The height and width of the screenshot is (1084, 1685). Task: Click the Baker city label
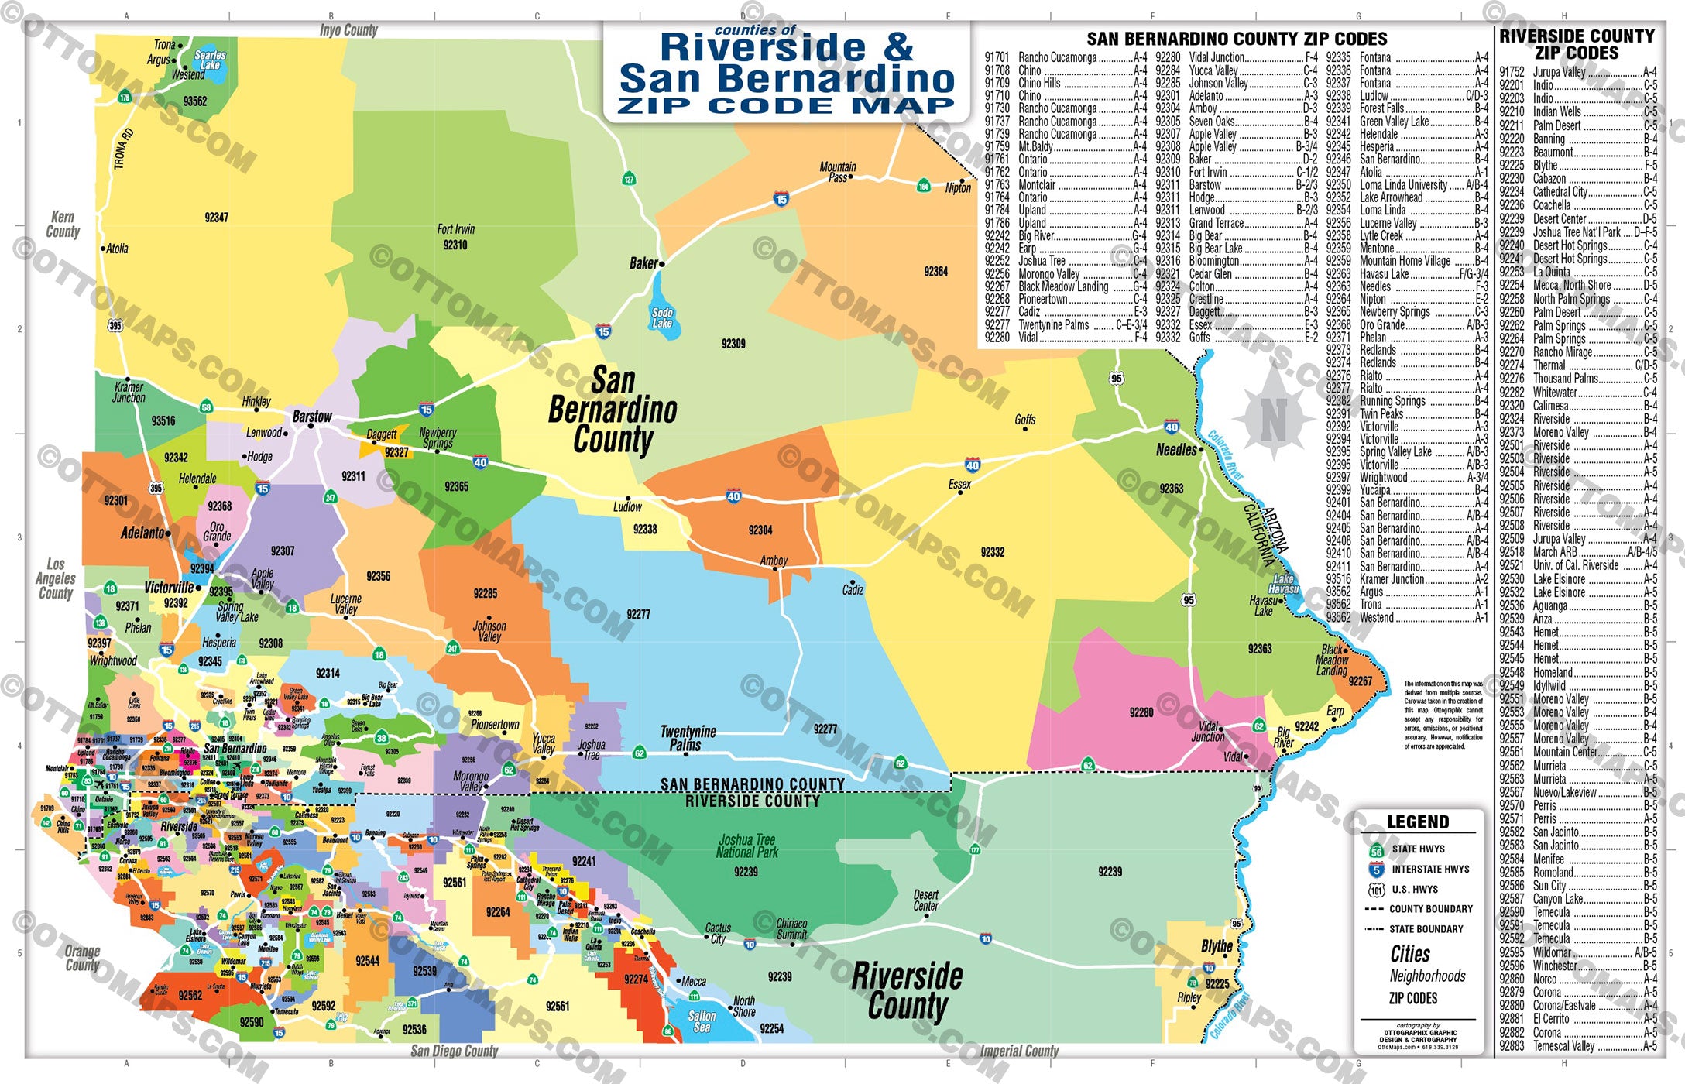643,264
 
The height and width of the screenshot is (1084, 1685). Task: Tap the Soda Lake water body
663,317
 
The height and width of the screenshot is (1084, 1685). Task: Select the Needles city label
1175,450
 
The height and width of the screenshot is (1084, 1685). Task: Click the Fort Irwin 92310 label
455,237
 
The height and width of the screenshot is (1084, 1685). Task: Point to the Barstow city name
312,417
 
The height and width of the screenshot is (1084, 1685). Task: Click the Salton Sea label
702,1021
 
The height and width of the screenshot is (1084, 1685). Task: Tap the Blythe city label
1217,946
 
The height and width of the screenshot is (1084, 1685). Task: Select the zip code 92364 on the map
935,272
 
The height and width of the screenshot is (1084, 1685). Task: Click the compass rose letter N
1273,420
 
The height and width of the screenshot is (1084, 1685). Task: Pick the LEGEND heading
1418,822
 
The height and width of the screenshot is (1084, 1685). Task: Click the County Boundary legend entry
1430,909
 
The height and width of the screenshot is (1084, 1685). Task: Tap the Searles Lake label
210,60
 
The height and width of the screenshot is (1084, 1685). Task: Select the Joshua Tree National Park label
747,846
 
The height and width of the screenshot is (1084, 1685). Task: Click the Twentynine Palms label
688,738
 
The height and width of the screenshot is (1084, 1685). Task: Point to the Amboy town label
774,561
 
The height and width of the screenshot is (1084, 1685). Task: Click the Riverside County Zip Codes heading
1577,45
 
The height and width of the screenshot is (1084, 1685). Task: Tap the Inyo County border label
348,30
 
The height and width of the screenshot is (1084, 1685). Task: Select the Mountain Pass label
838,172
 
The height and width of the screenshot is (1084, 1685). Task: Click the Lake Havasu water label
1283,584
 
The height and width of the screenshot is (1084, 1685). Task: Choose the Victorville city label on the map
169,588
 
